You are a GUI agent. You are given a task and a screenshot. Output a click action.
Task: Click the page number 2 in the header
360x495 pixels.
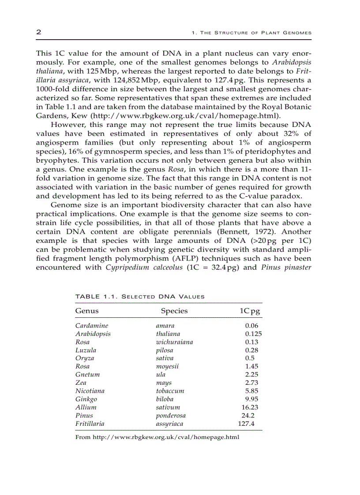pyautogui.click(x=38, y=32)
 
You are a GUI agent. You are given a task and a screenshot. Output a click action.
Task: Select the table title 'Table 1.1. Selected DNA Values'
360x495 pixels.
pyautogui.click(x=140, y=296)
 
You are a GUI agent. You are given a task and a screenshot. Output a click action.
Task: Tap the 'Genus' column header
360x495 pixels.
pyautogui.click(x=87, y=311)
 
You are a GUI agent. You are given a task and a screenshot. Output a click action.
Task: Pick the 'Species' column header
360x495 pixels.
pyautogui.click(x=174, y=311)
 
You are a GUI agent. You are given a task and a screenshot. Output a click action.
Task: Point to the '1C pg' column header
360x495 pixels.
pyautogui.click(x=250, y=311)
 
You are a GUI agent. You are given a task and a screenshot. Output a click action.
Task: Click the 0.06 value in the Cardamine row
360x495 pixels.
pyautogui.click(x=251, y=326)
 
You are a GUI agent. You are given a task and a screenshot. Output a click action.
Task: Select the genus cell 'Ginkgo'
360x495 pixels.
pyautogui.click(x=86, y=399)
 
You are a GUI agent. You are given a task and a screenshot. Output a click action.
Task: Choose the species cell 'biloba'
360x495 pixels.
pyautogui.click(x=165, y=399)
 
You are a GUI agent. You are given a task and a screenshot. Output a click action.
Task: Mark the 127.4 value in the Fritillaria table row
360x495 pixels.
pyautogui.click(x=246, y=424)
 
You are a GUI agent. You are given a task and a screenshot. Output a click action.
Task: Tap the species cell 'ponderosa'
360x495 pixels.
pyautogui.click(x=171, y=416)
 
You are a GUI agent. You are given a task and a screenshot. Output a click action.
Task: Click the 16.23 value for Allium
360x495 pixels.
pyautogui.click(x=250, y=407)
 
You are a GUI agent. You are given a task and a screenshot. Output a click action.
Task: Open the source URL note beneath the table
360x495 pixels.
pyautogui.click(x=157, y=437)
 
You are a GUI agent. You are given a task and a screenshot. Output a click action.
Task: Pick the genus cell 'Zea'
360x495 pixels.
pyautogui.click(x=81, y=383)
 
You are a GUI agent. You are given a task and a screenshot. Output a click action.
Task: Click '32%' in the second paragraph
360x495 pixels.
pyautogui.click(x=281, y=134)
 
